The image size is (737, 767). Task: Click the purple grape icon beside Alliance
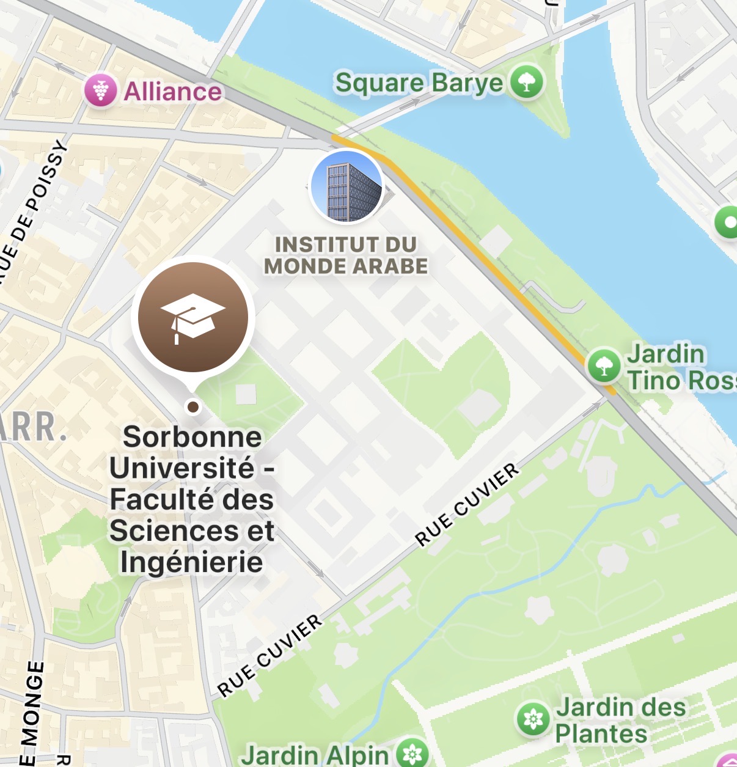[101, 90]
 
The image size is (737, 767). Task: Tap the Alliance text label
[173, 92]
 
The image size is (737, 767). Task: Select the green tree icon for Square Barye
[527, 81]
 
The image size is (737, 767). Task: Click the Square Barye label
[419, 83]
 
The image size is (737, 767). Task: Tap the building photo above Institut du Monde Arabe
[346, 186]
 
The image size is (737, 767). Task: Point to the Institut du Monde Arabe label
[346, 255]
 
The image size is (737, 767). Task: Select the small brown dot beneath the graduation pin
[193, 406]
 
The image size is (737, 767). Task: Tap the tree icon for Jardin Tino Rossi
[604, 365]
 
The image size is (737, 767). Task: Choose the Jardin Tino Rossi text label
[678, 367]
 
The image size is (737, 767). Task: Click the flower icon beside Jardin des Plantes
[533, 719]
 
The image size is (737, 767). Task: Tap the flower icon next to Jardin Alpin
[413, 754]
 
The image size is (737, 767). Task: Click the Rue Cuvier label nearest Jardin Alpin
[270, 655]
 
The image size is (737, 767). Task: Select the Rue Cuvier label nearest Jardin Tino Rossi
[468, 504]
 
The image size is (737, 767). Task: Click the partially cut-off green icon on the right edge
[728, 222]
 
